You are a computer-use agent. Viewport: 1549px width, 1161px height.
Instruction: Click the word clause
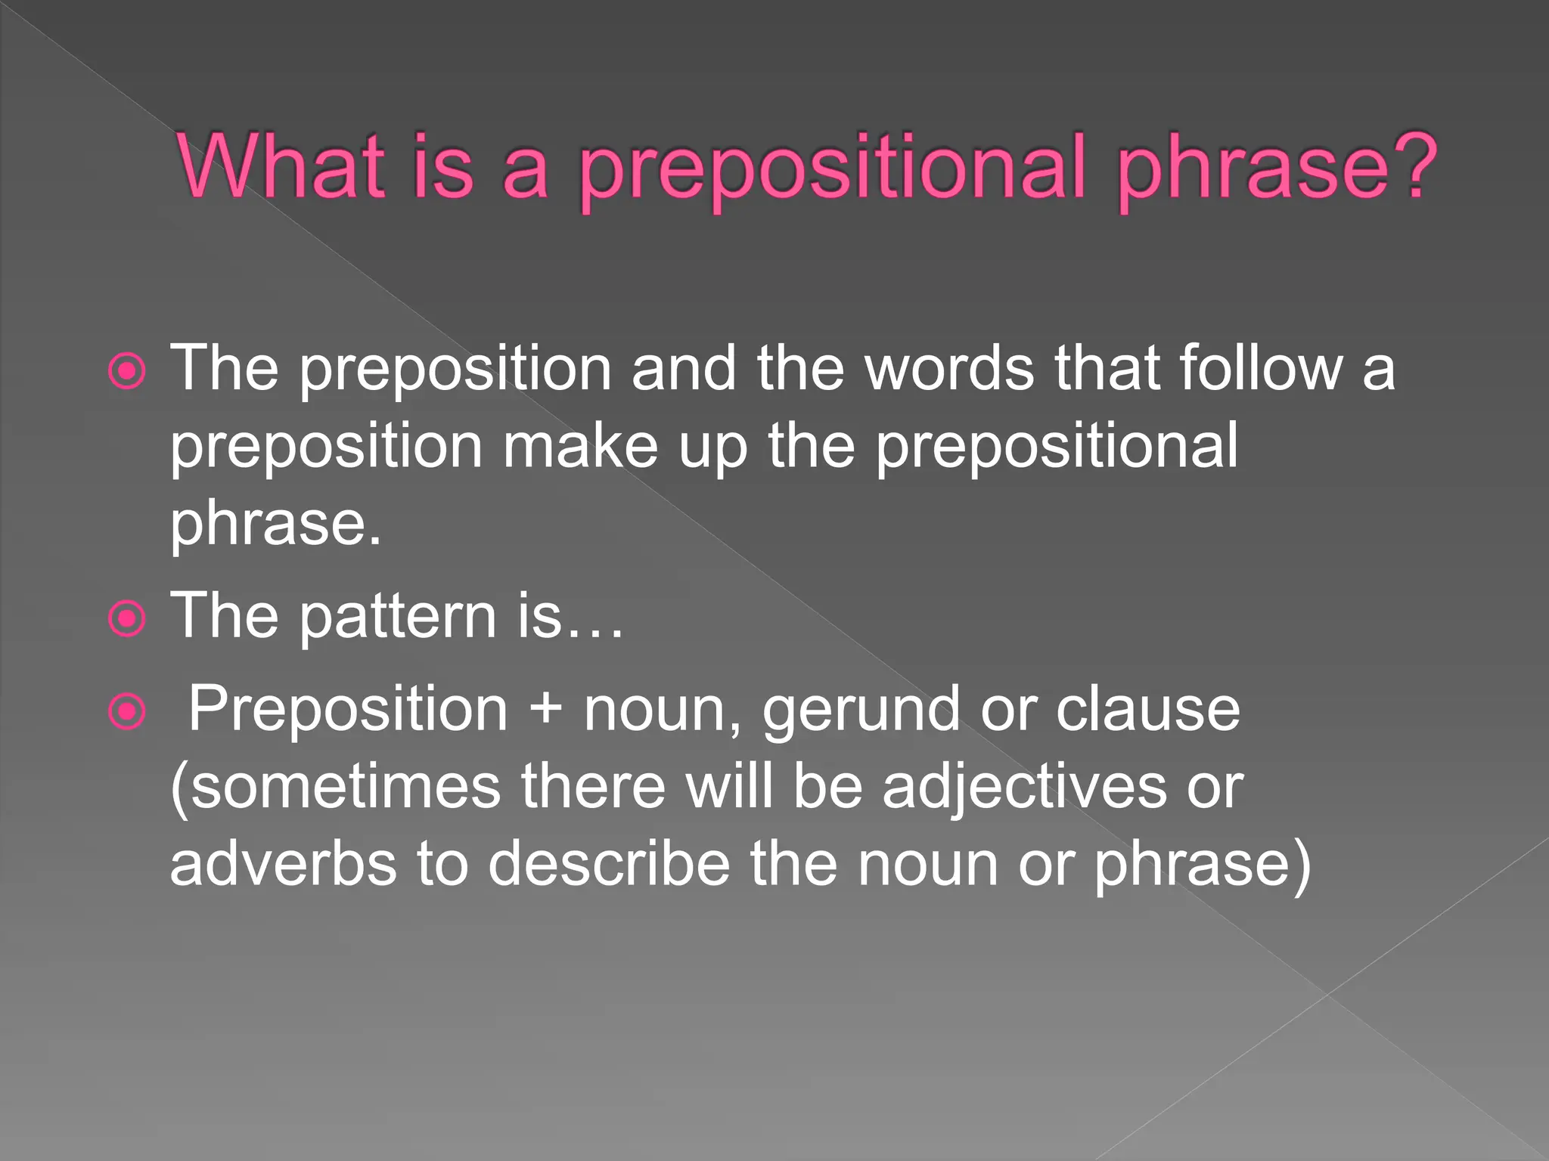(1147, 711)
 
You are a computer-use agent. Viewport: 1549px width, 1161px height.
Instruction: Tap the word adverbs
(283, 864)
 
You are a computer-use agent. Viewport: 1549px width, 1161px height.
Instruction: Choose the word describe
(609, 864)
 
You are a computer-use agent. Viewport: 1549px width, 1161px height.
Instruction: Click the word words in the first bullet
(949, 368)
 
